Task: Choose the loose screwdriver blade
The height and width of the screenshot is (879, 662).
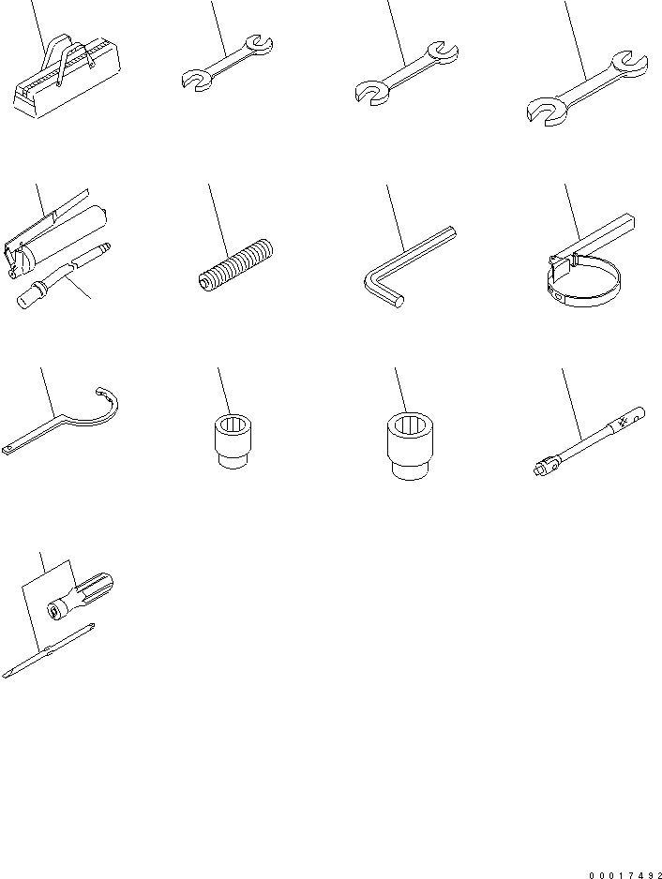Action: coord(47,652)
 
